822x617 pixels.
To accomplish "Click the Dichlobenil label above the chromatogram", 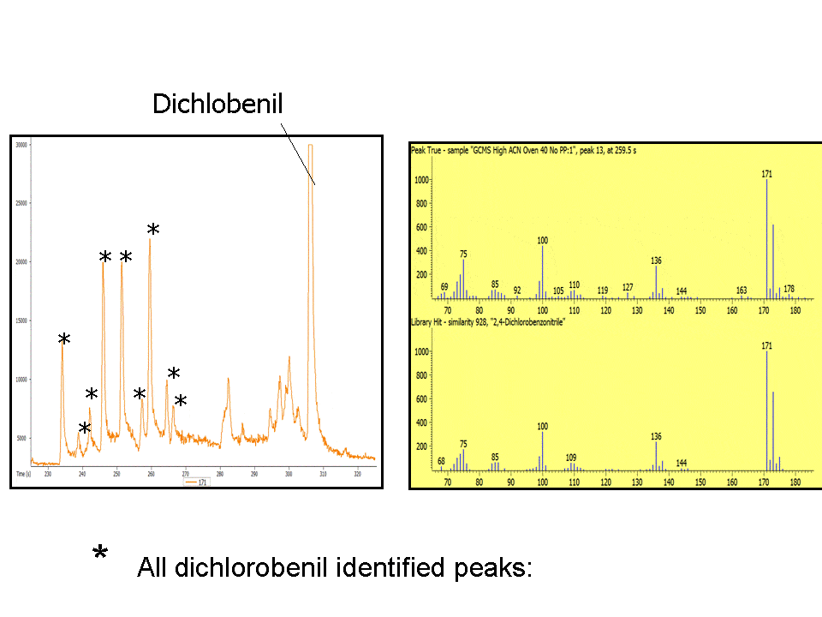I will coord(217,104).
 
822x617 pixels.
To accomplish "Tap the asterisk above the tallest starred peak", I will coord(153,230).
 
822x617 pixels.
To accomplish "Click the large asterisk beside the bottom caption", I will coord(100,554).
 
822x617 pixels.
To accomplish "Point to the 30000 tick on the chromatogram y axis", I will coord(21,145).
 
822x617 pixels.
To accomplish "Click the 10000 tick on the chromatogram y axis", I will coord(21,380).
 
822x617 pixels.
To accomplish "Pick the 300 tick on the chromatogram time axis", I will coord(289,473).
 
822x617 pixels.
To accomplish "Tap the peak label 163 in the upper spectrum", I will coord(742,291).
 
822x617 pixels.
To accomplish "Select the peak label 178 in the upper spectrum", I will coord(789,289).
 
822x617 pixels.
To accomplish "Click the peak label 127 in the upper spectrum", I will coord(628,287).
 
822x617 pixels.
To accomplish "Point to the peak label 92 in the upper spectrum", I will coord(517,291).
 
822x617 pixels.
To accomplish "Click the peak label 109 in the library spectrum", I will coord(571,458).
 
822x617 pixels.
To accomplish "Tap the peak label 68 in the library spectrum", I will coord(442,461).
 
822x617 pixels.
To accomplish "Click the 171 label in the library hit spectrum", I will coord(767,345).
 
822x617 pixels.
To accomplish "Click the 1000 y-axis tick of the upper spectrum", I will coord(420,180).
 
